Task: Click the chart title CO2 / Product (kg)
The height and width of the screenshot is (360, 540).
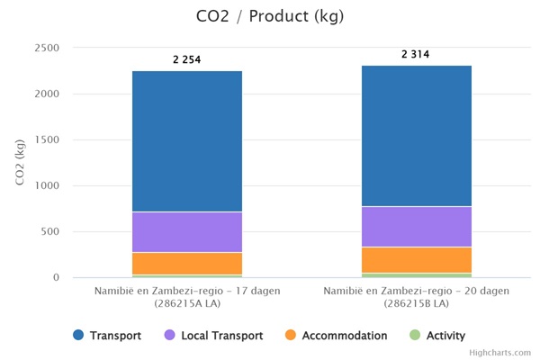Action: (269, 16)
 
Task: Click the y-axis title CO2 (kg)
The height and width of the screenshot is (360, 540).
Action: (20, 162)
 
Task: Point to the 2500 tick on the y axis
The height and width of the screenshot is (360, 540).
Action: (46, 48)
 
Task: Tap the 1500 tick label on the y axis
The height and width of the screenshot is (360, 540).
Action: (46, 139)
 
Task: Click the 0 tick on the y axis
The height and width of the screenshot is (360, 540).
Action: (55, 278)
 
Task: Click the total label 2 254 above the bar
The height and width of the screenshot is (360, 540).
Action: (187, 59)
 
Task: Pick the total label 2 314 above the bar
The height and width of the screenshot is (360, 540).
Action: (416, 55)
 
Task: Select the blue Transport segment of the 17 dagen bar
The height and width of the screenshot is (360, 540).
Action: (187, 141)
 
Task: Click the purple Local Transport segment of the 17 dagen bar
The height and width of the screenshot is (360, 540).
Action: (187, 232)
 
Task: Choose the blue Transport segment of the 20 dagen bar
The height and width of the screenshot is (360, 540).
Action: (416, 136)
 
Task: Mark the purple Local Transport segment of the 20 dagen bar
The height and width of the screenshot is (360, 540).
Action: (416, 227)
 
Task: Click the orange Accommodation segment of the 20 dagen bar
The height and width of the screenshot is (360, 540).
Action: (416, 259)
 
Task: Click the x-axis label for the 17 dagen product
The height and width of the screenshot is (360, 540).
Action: (187, 297)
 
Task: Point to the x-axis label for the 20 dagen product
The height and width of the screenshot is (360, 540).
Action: (416, 297)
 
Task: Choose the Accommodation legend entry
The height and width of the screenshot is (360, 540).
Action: (335, 336)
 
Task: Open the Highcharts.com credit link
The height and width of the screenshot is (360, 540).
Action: (500, 353)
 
